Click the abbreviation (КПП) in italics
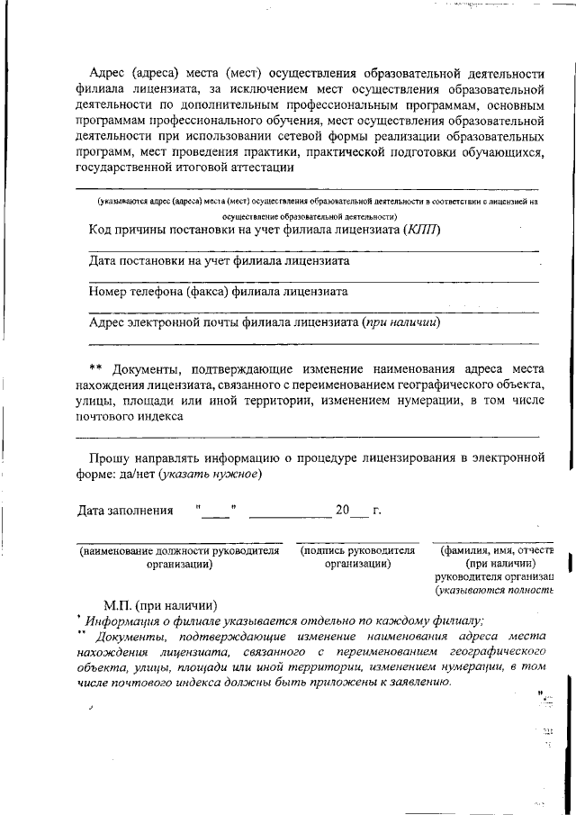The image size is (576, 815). (422, 230)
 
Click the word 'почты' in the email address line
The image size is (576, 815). (232, 321)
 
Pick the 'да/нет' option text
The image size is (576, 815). (137, 475)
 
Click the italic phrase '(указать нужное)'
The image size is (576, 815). (211, 475)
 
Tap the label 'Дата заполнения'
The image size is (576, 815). (125, 511)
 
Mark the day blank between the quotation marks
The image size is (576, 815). (214, 512)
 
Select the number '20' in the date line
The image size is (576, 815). (342, 511)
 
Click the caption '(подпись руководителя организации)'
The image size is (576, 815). (357, 557)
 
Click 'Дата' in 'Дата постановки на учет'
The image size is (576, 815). (103, 261)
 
